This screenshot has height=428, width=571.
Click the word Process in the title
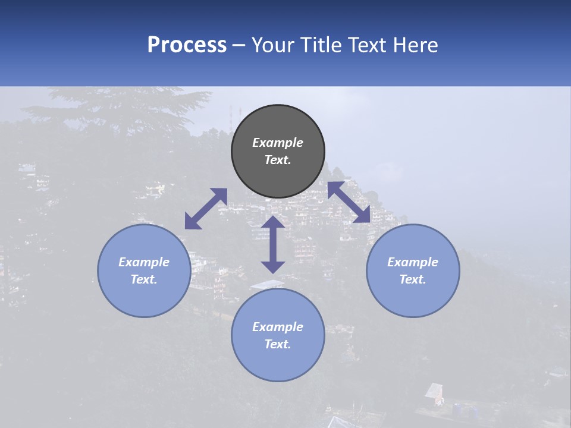pos(187,45)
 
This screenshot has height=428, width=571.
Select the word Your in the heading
pos(274,45)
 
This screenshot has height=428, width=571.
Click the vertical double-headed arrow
pos(273,244)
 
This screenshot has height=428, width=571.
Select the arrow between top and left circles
pos(206,209)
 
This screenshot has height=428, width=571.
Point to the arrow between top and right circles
pos(349,202)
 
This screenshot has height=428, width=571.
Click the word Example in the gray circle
pos(278,143)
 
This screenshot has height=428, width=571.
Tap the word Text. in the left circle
pos(144,279)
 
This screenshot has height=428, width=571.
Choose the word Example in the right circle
pos(413,262)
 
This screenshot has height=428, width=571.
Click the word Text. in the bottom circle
pos(278,344)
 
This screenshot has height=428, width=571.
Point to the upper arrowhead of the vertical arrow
pos(273,222)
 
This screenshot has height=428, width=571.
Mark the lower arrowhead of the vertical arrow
pos(273,267)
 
